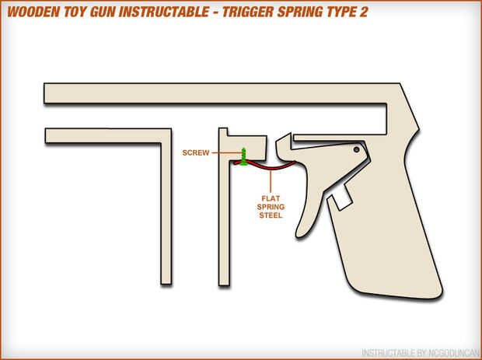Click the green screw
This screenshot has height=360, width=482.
(x=244, y=156)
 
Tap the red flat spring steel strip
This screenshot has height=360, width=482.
(x=268, y=166)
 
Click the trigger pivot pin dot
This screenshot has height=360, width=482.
(x=356, y=149)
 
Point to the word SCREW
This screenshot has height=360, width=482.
(x=196, y=153)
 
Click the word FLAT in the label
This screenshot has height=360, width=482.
(x=271, y=198)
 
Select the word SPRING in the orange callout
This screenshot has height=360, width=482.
(x=271, y=207)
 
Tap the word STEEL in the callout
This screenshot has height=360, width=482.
(x=271, y=215)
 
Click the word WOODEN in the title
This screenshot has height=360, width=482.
(x=38, y=13)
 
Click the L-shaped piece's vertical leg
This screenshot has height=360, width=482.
(x=166, y=210)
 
